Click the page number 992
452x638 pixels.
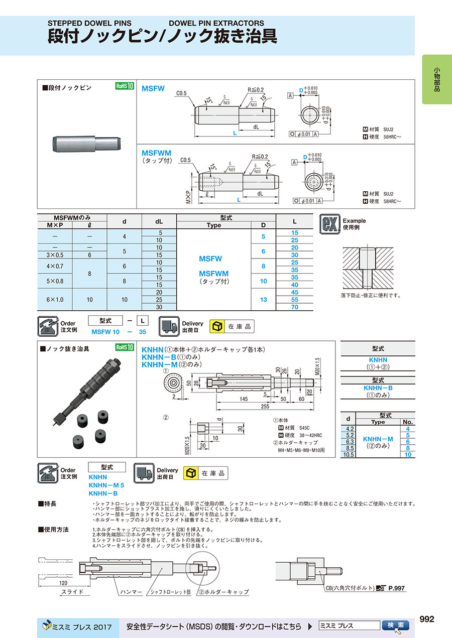pyautogui.click(x=426, y=619)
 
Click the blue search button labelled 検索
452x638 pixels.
pyautogui.click(x=395, y=625)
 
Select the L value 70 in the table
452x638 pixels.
pyautogui.click(x=294, y=307)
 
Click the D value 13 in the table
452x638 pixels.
pyautogui.click(x=263, y=299)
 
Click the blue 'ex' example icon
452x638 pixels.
pyautogui.click(x=329, y=224)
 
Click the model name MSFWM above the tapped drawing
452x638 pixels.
pyautogui.click(x=157, y=153)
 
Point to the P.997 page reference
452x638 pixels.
pyautogui.click(x=396, y=588)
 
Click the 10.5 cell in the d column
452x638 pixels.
pyautogui.click(x=348, y=454)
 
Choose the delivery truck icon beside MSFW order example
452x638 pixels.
pyautogui.click(x=169, y=326)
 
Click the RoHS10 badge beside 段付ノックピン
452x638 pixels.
pyautogui.click(x=125, y=86)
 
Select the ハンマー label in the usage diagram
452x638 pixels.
pyautogui.click(x=131, y=592)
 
